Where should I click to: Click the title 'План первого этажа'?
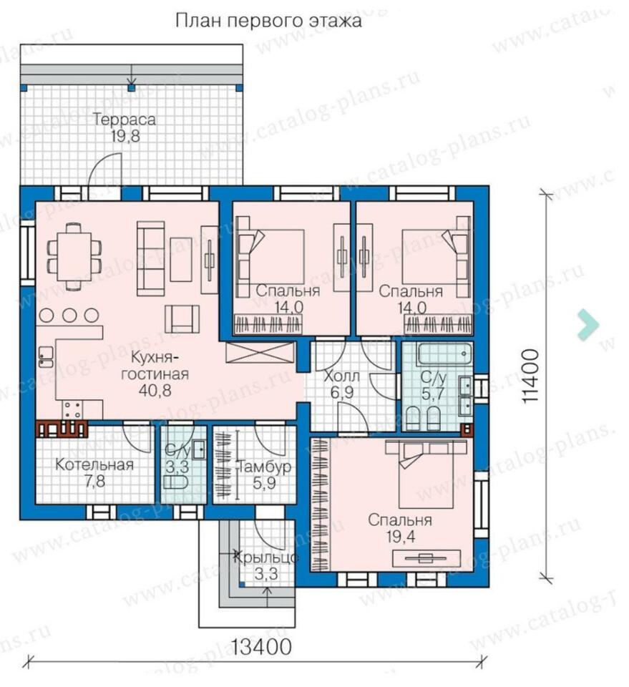[268, 21]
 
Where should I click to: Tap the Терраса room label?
[125, 120]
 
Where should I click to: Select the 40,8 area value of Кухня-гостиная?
[155, 390]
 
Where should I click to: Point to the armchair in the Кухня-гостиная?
[182, 318]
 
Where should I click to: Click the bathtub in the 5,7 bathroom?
[444, 354]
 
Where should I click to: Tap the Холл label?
[341, 376]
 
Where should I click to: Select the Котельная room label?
[94, 464]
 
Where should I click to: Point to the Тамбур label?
[265, 466]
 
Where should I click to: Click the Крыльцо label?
[266, 557]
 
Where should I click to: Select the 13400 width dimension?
[261, 647]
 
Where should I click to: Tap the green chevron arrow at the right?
[588, 325]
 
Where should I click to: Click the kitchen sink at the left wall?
[46, 356]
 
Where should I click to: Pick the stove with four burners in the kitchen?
[72, 410]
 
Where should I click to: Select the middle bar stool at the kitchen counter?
[69, 316]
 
